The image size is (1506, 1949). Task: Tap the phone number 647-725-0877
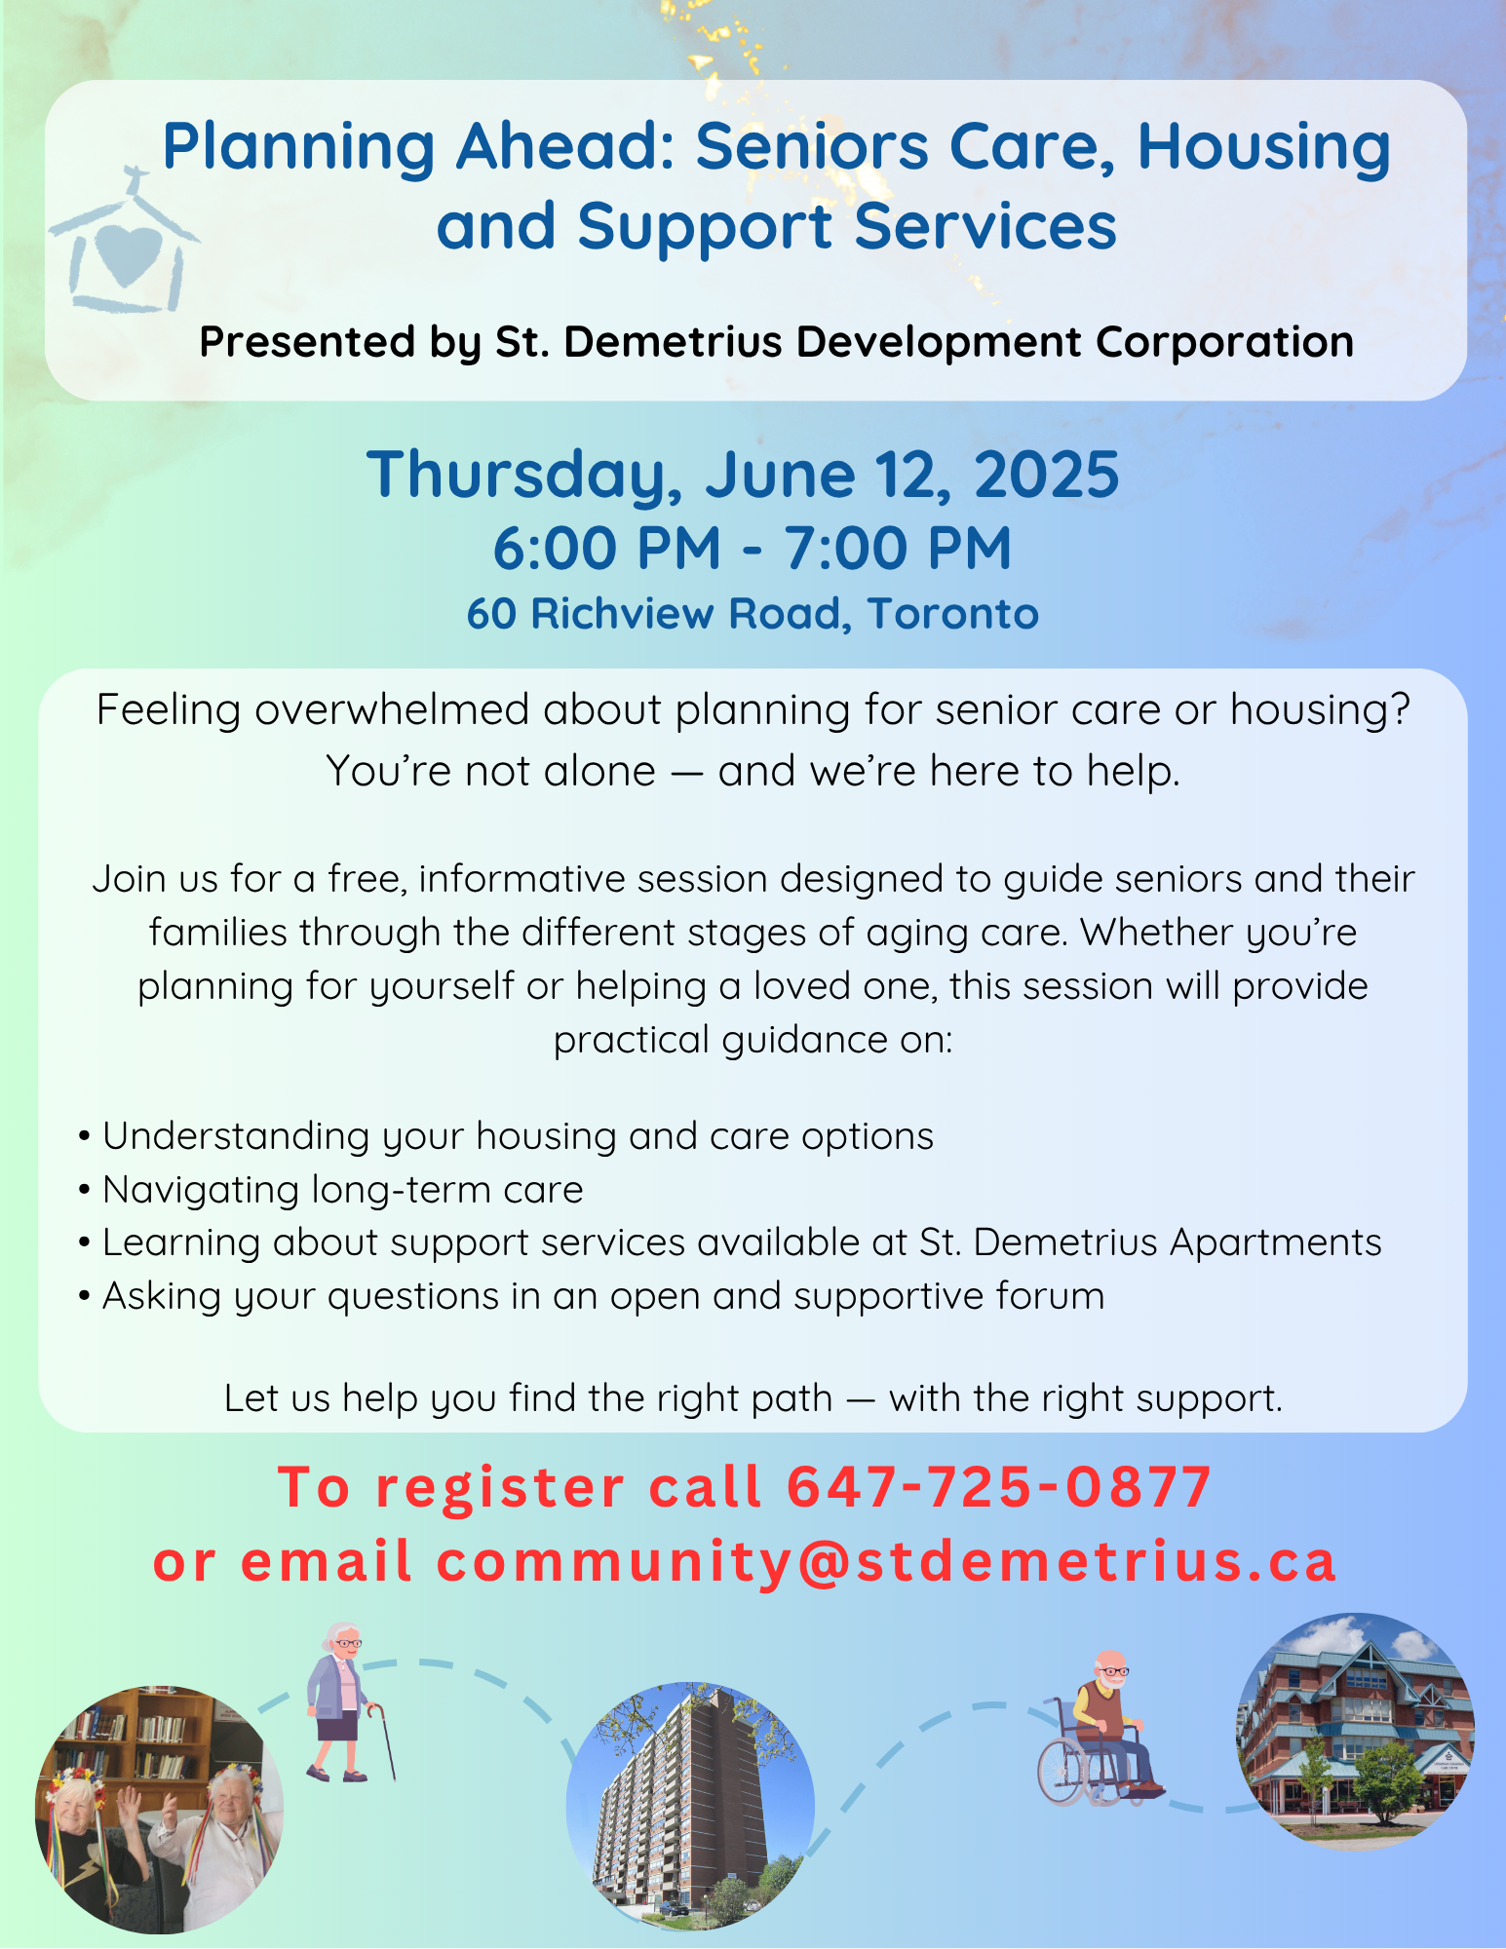(x=999, y=1487)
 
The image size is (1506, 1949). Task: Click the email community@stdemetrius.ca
(x=886, y=1562)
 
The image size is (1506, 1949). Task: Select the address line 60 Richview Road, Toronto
(x=753, y=614)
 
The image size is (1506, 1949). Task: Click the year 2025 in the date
(x=1047, y=475)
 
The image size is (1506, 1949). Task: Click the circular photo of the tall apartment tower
(x=690, y=1806)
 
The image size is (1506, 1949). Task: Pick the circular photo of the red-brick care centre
(x=1356, y=1732)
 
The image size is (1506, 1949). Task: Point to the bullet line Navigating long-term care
(x=343, y=1190)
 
